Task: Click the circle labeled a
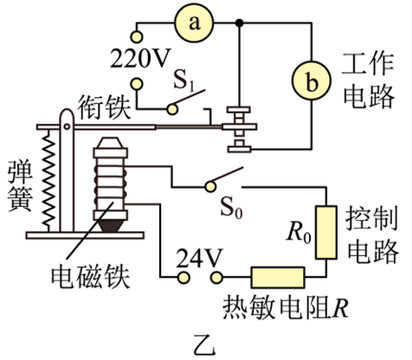coord(194,22)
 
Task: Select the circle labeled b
coord(311,80)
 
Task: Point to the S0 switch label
coord(232,208)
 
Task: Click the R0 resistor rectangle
coord(326,233)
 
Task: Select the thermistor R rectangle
coord(278,278)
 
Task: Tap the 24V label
coord(200,258)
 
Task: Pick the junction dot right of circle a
coord(239,22)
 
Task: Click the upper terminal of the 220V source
coord(137,37)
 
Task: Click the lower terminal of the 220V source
coord(137,84)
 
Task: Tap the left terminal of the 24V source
coord(183,278)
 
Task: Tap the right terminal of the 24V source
coord(216,278)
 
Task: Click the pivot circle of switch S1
coord(172,109)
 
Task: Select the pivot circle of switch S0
coord(210,187)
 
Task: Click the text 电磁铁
coord(91,277)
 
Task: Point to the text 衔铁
coord(105,107)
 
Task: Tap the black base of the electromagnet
coord(111,226)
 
